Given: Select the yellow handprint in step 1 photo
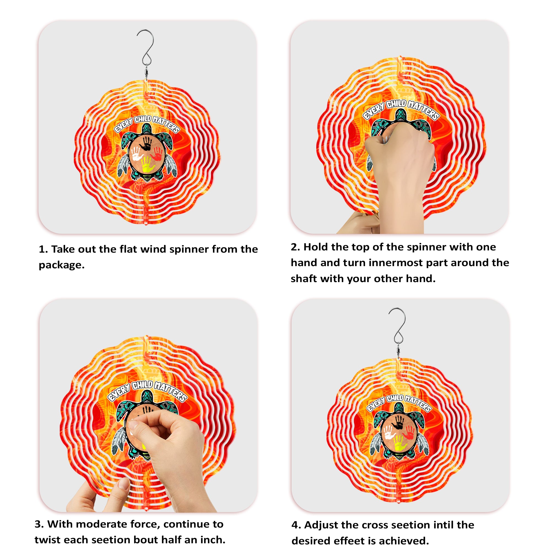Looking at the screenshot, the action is point(148,164).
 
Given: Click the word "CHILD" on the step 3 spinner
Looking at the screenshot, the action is point(142,385).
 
